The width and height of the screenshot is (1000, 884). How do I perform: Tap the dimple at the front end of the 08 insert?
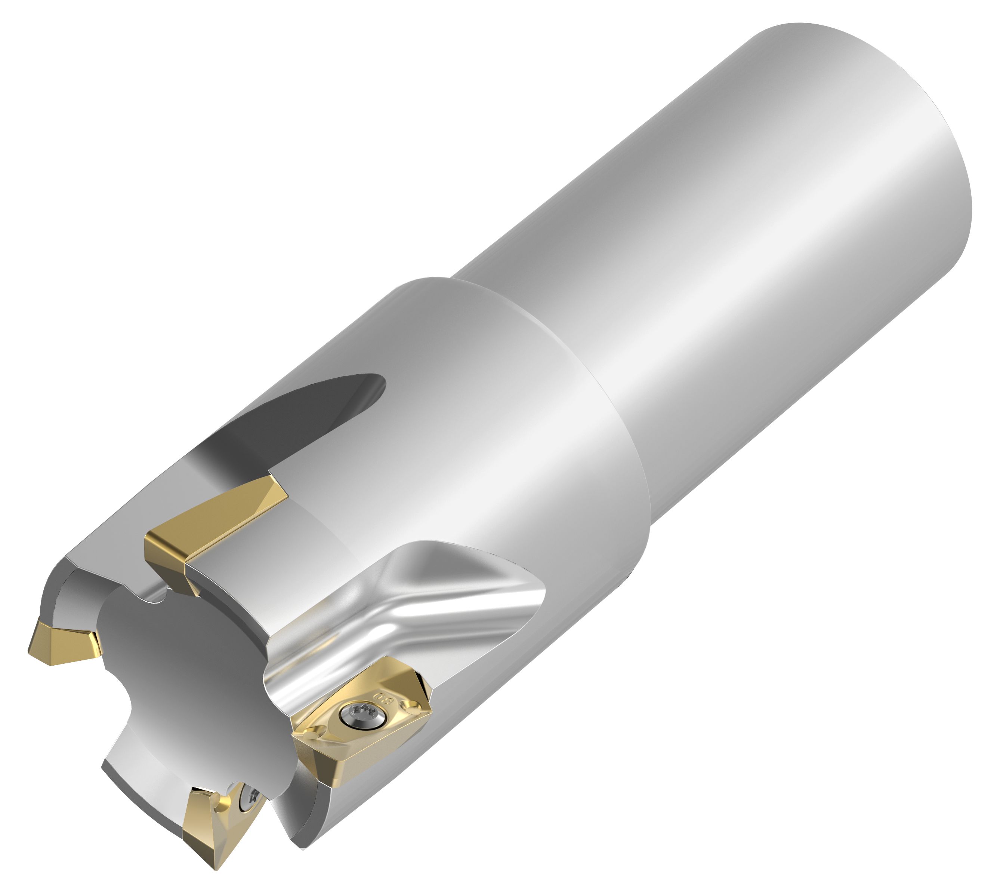click(312, 736)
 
